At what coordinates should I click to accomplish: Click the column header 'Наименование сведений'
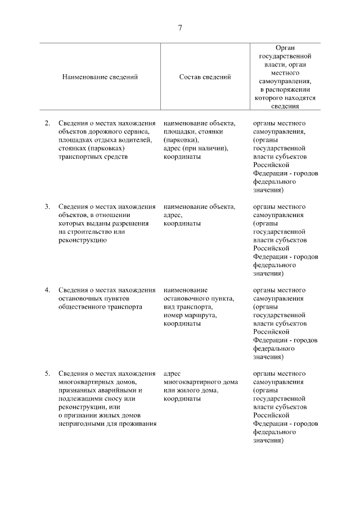point(100,77)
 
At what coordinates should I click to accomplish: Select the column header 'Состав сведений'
point(205,77)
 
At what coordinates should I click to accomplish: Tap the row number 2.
point(47,123)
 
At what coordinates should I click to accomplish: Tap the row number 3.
point(47,206)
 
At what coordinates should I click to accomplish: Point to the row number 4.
point(47,290)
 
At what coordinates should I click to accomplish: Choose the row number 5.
point(47,373)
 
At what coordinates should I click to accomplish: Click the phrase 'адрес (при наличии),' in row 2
point(195,148)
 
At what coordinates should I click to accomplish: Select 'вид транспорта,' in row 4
point(188,307)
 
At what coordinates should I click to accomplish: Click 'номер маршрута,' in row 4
point(190,316)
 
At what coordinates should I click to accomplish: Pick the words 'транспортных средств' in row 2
point(93,157)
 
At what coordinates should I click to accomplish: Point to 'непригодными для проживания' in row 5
point(106,424)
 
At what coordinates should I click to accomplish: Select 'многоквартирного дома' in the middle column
point(198,382)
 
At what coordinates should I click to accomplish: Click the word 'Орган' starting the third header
point(285,48)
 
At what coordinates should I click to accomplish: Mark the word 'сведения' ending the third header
point(285,105)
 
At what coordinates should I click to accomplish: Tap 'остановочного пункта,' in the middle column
point(199,299)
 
